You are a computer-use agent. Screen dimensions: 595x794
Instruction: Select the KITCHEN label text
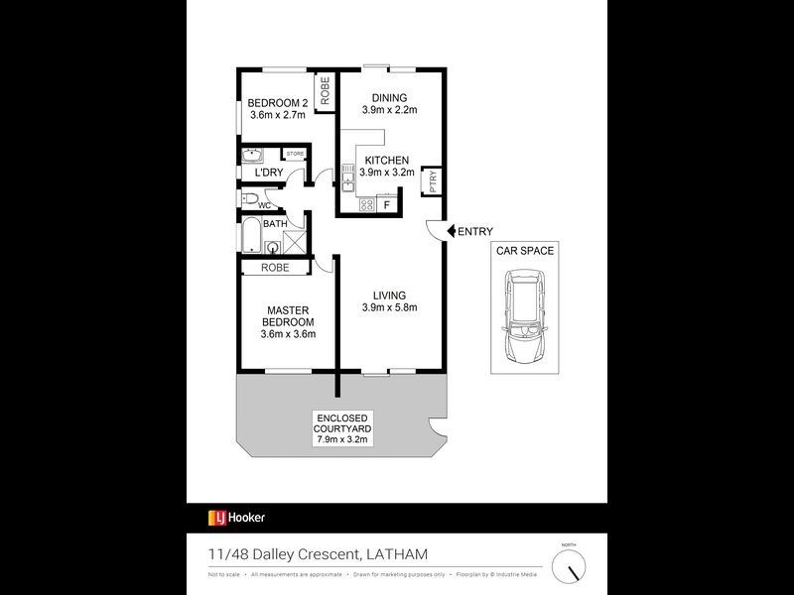pyautogui.click(x=385, y=160)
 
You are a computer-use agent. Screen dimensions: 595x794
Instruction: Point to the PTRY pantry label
pyautogui.click(x=433, y=181)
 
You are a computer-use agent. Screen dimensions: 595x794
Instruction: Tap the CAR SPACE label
pyautogui.click(x=526, y=251)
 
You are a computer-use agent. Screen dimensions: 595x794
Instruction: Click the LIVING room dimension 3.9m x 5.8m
pyautogui.click(x=389, y=307)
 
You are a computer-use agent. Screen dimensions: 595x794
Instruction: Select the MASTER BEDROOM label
pyautogui.click(x=287, y=315)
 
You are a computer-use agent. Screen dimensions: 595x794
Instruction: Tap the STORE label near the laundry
pyautogui.click(x=295, y=154)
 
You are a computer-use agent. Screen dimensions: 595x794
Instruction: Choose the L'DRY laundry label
pyautogui.click(x=269, y=174)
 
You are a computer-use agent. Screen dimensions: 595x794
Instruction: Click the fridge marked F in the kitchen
pyautogui.click(x=387, y=205)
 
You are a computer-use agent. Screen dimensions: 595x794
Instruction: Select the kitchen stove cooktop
pyautogui.click(x=365, y=205)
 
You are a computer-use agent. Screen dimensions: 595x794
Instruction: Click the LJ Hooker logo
pyautogui.click(x=236, y=517)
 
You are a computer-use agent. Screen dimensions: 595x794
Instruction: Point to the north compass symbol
pyautogui.click(x=569, y=568)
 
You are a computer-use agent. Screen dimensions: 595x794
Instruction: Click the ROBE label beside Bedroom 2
pyautogui.click(x=324, y=90)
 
